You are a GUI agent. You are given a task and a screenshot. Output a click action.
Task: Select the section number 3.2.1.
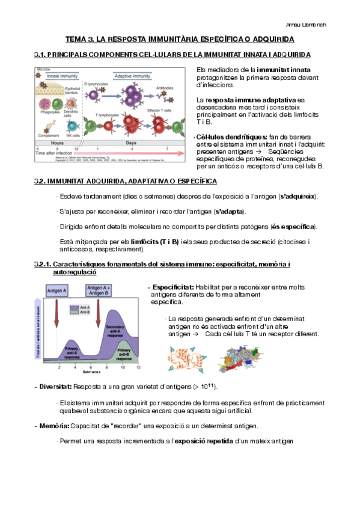[x=43, y=265]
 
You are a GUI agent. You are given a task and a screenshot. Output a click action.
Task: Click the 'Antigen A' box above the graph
[x=56, y=290]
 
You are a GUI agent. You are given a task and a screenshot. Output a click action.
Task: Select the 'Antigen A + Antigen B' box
[x=99, y=290]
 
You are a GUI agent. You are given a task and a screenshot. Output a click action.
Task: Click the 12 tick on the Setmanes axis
[x=139, y=366]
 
